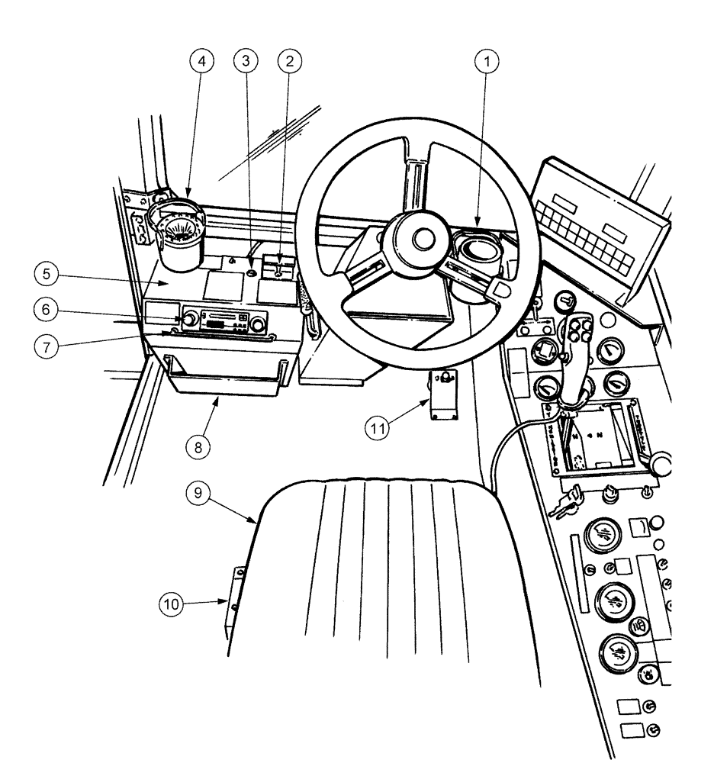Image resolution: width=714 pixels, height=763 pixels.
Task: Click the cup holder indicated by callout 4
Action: [x=181, y=233]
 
